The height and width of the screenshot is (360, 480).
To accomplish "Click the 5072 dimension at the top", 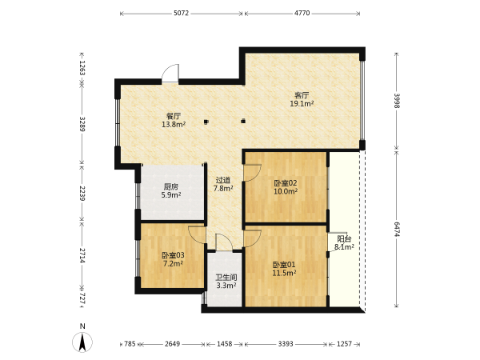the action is pyautogui.click(x=182, y=13).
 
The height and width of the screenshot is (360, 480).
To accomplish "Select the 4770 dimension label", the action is pyautogui.click(x=302, y=13).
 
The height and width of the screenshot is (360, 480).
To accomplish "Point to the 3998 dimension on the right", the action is pyautogui.click(x=397, y=101).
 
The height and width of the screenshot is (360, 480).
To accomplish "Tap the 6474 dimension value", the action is pyautogui.click(x=397, y=230).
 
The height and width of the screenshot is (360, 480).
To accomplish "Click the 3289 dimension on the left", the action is pyautogui.click(x=82, y=124).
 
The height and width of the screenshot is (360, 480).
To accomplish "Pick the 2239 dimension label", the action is pyautogui.click(x=82, y=193).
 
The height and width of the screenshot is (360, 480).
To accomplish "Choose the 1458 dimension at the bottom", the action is pyautogui.click(x=224, y=344).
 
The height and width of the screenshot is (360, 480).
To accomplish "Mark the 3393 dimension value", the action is pyautogui.click(x=286, y=344).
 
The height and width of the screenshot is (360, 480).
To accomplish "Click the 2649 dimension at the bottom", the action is pyautogui.click(x=172, y=344).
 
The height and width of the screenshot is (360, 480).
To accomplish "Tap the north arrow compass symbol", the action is pyautogui.click(x=82, y=342).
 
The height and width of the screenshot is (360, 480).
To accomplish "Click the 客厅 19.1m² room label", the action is pyautogui.click(x=302, y=99).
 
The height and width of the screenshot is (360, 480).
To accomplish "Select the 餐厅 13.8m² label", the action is pyautogui.click(x=174, y=120).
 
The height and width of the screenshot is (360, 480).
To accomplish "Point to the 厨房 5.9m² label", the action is pyautogui.click(x=171, y=190).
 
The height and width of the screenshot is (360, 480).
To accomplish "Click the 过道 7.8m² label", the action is pyautogui.click(x=223, y=184).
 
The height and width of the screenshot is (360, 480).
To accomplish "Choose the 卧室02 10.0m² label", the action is pyautogui.click(x=286, y=187).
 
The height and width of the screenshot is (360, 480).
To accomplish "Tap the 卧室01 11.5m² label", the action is pyautogui.click(x=284, y=269).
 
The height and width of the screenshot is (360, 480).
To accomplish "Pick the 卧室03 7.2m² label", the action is pyautogui.click(x=174, y=259).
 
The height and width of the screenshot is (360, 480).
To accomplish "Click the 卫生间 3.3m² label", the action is pyautogui.click(x=226, y=282).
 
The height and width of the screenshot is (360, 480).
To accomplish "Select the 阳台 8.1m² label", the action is pyautogui.click(x=344, y=243).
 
